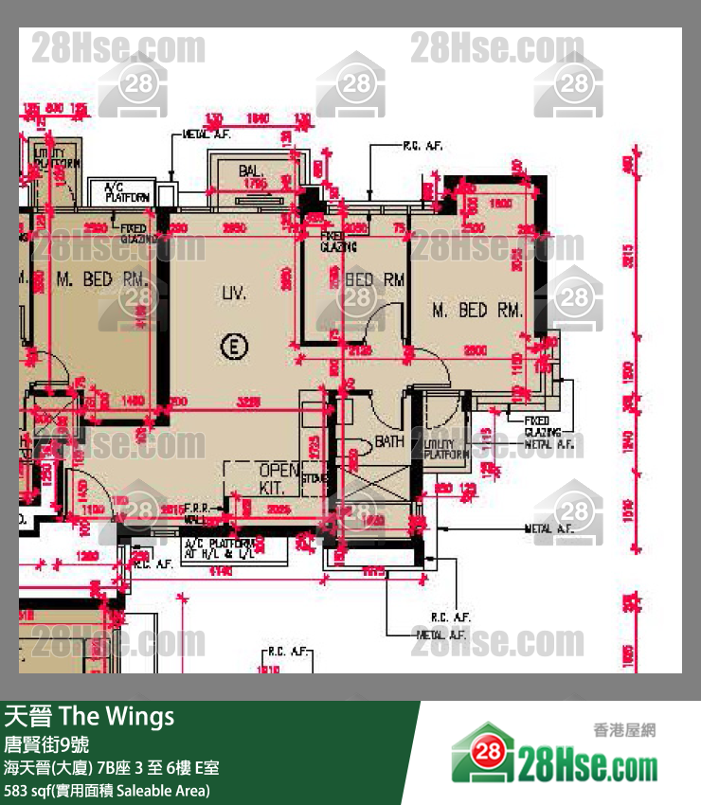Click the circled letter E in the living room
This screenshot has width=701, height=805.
pos(231,347)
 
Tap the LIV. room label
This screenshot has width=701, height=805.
pos(234,294)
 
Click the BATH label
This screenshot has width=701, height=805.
pos(388,441)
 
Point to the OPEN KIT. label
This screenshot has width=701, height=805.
pos(279,479)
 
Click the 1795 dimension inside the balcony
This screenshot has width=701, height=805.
pos(253,185)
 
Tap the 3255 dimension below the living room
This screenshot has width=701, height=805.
pos(248,402)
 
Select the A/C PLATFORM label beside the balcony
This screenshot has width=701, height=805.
pos(126,192)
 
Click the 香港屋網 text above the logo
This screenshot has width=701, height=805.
pos(623,729)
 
